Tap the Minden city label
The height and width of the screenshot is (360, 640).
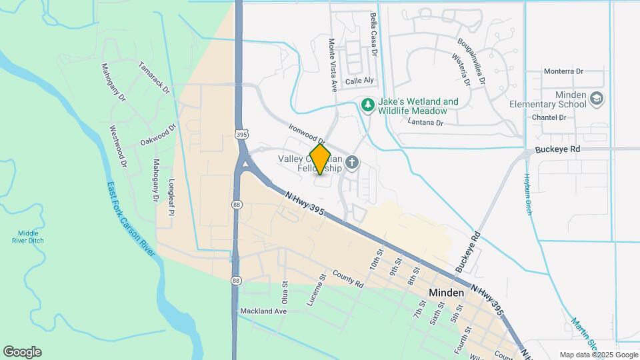pyautogui.click(x=447, y=293)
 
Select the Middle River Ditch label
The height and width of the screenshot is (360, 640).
pyautogui.click(x=27, y=237)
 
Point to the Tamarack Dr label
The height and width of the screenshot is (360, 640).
pyautogui.click(x=155, y=77)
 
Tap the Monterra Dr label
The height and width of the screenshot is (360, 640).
pyautogui.click(x=563, y=71)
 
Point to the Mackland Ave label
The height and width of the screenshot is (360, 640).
pyautogui.click(x=263, y=311)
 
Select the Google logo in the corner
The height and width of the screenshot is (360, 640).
pyautogui.click(x=22, y=352)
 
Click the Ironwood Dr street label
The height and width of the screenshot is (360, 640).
pyautogui.click(x=307, y=133)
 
